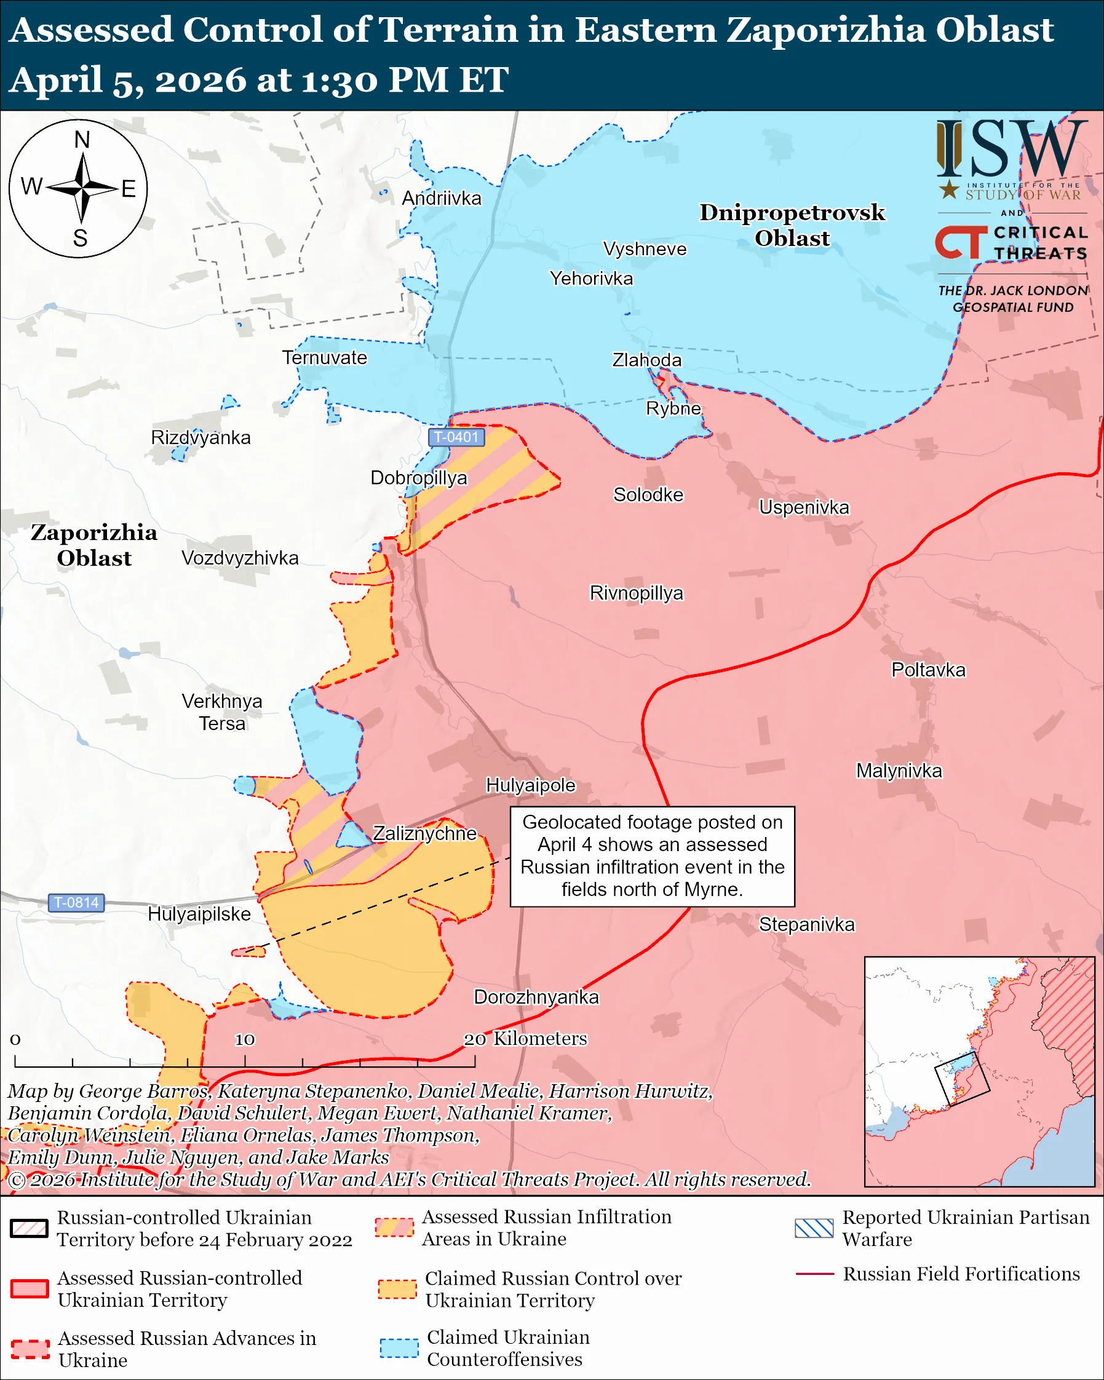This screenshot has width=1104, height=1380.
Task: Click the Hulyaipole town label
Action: (531, 785)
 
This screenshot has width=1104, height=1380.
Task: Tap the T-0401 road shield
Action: (456, 437)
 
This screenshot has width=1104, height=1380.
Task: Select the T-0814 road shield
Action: (76, 903)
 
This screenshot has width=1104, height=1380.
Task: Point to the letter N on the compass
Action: (82, 140)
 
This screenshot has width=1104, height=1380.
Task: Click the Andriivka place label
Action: (441, 199)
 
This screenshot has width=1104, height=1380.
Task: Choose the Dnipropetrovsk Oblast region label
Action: (792, 224)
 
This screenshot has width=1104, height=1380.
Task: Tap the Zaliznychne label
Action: (424, 833)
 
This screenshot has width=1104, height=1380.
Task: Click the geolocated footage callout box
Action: (651, 856)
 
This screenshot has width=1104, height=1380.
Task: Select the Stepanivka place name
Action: (806, 924)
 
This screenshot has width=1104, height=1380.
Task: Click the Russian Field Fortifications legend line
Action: (814, 1274)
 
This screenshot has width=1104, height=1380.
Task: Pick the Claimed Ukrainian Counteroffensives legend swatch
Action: (398, 1347)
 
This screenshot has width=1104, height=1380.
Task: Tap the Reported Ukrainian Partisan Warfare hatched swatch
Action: (814, 1228)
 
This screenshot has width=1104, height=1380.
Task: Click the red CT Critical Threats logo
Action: (961, 242)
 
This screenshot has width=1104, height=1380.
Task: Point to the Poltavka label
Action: (928, 670)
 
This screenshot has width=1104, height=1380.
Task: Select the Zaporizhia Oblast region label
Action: (94, 545)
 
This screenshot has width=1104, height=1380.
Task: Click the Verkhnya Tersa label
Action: (221, 712)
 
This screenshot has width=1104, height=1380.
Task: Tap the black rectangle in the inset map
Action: (962, 1078)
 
